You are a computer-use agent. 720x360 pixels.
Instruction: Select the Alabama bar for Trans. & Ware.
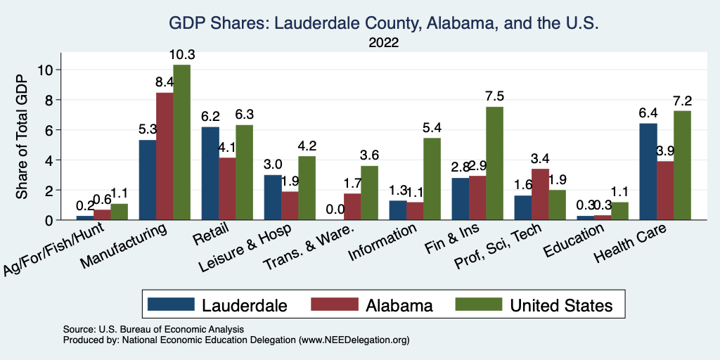point(353,207)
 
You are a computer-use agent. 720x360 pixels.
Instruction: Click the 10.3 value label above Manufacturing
point(181,54)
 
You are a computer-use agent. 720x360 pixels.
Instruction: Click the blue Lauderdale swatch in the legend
point(171,304)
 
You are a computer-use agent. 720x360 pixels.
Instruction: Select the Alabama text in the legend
point(399,304)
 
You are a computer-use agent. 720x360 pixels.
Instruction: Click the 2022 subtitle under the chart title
point(383,43)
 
